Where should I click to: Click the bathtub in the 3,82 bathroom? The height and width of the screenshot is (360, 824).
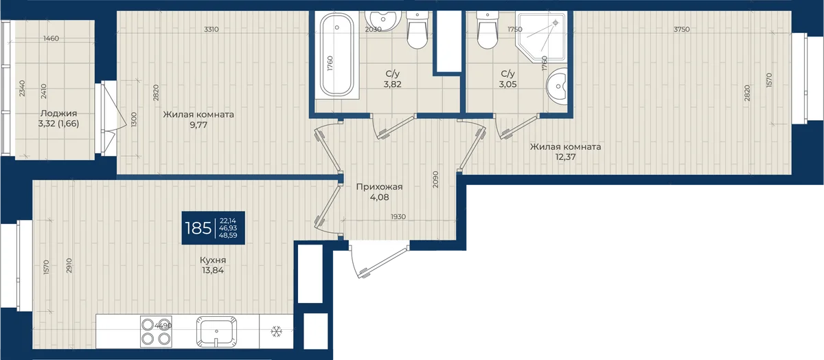[x=336, y=55]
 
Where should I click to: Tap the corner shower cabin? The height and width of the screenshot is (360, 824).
[x=541, y=37]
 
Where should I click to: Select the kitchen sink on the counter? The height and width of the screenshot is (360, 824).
[x=216, y=332]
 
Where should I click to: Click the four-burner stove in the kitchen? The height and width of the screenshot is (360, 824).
[x=156, y=332]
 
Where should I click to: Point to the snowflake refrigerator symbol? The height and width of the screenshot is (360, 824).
[x=276, y=331]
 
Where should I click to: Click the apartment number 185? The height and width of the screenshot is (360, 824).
[x=198, y=228]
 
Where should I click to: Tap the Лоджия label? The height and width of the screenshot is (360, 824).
[x=58, y=113]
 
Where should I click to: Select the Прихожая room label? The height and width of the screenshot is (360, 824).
[x=379, y=187]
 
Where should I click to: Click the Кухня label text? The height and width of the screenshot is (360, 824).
[x=213, y=260]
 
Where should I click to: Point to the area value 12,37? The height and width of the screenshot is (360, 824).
[x=565, y=157]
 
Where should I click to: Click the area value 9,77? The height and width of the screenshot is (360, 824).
[x=198, y=125]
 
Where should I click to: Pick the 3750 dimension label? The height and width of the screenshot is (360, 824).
[x=681, y=30]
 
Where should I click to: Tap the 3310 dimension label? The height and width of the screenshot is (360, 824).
[x=211, y=30]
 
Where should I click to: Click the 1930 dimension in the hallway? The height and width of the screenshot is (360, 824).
[x=398, y=217]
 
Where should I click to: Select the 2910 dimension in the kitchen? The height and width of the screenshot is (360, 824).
[x=69, y=265]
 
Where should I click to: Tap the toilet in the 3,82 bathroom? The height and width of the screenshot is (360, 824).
[x=417, y=30]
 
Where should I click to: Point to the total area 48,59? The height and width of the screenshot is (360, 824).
[x=228, y=236]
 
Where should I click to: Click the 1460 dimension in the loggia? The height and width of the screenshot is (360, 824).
[x=51, y=38]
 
